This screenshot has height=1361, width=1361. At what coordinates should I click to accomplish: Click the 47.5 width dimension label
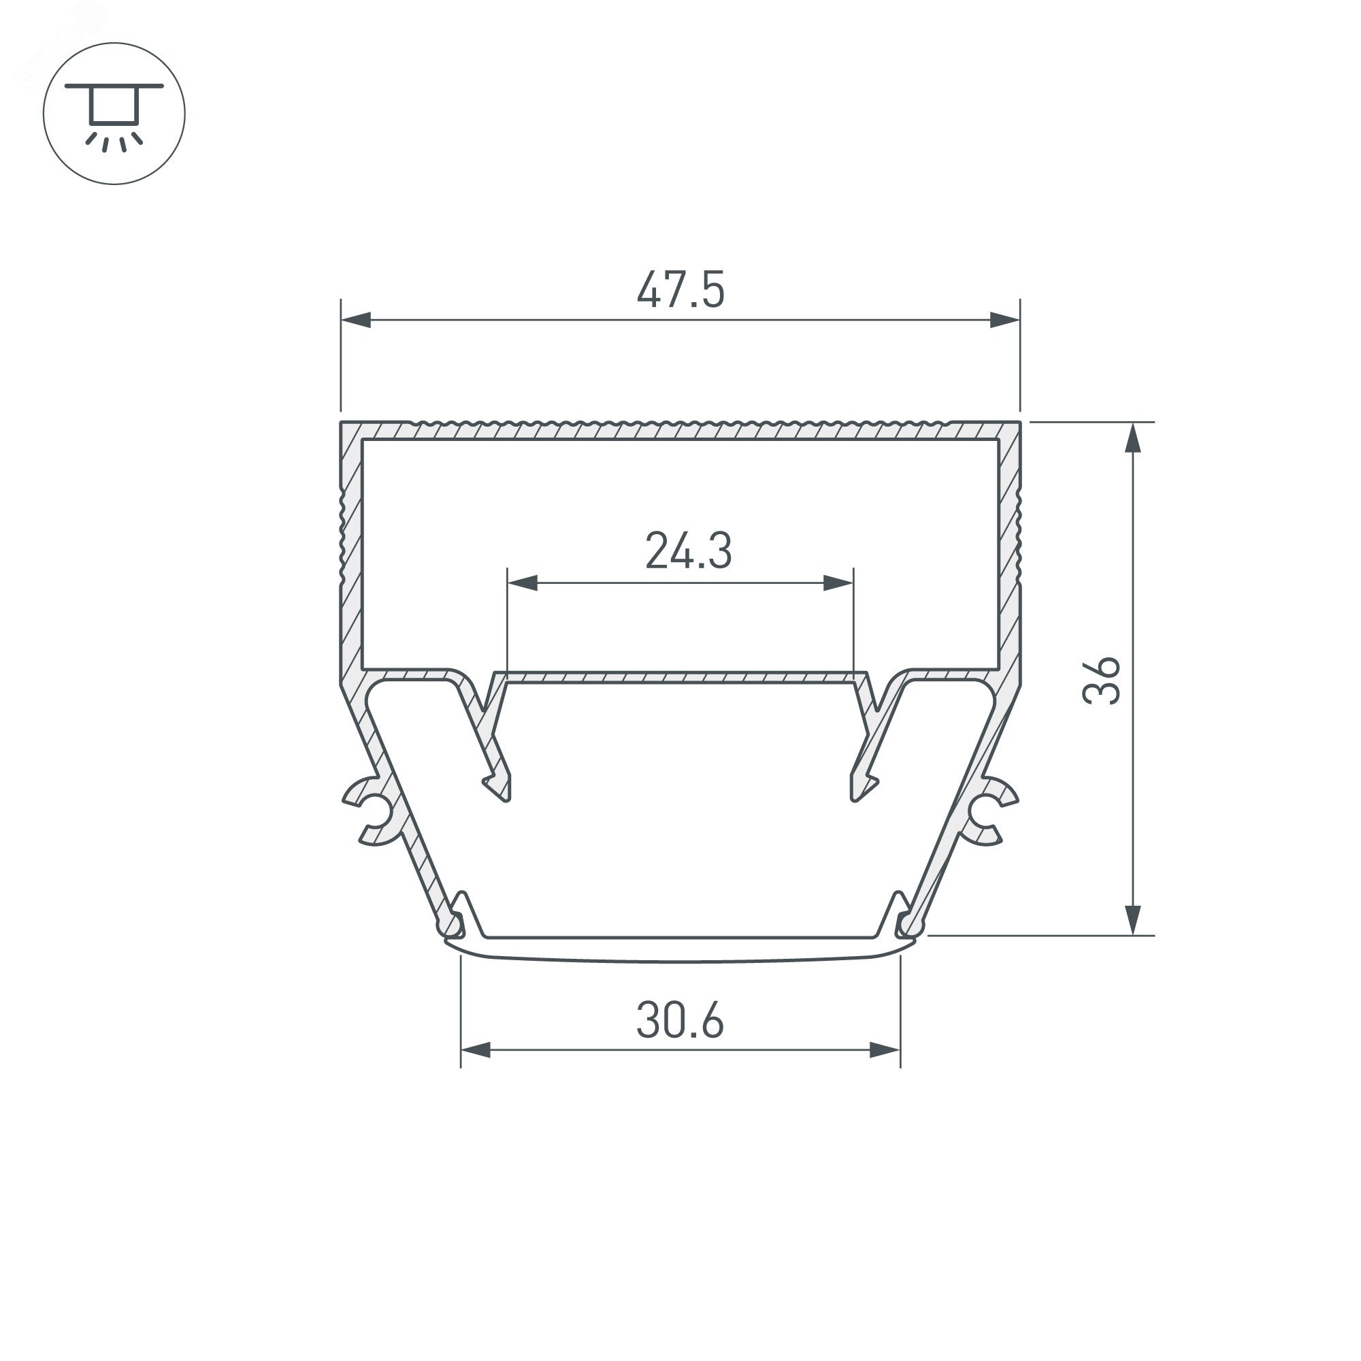(680, 289)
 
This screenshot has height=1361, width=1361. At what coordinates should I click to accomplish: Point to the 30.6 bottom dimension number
(680, 1021)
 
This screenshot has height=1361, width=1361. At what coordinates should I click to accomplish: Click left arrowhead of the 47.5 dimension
(356, 320)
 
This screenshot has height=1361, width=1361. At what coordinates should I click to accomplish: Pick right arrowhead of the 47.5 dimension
(1004, 320)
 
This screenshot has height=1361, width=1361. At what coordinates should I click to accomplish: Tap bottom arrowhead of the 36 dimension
(1133, 920)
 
